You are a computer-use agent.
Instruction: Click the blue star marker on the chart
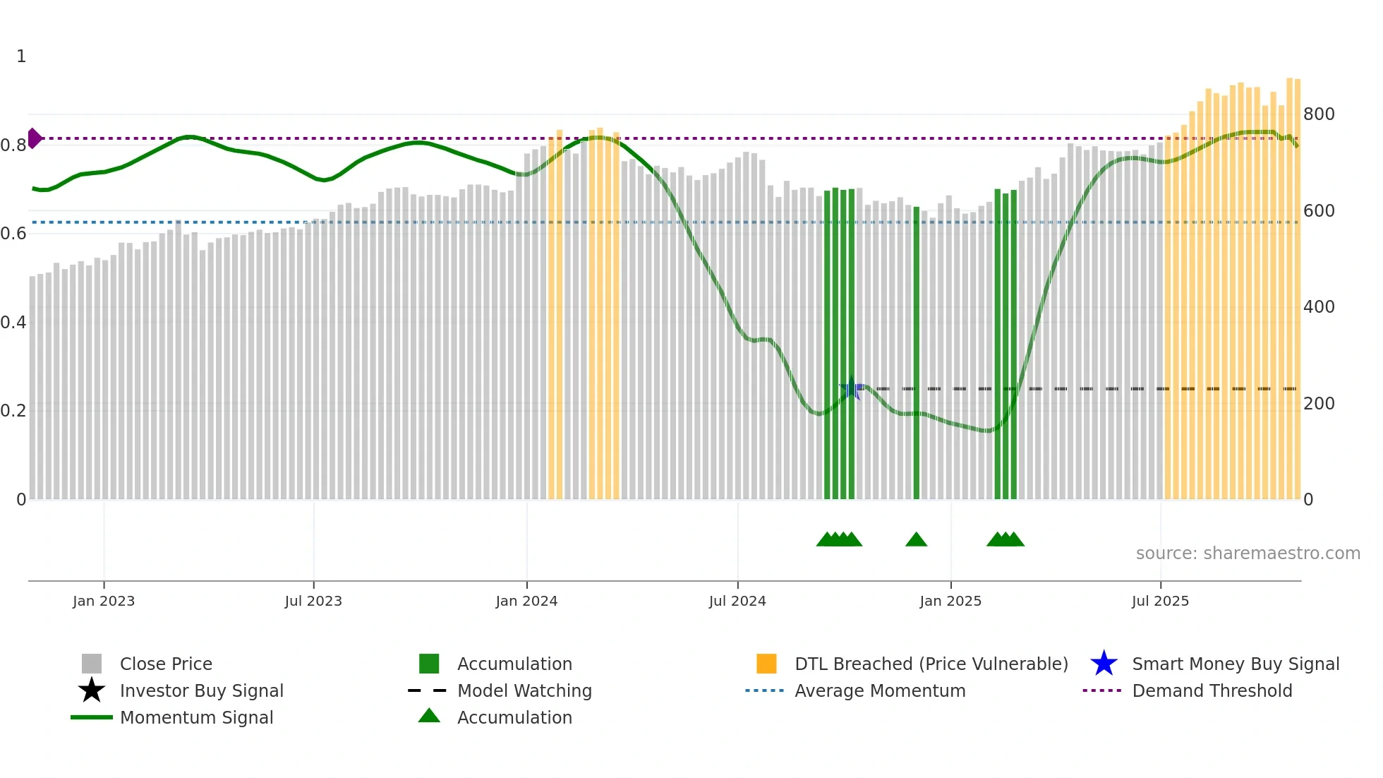tap(852, 388)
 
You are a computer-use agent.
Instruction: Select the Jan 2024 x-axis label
tap(526, 601)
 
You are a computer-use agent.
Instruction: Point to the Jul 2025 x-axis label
tap(1160, 601)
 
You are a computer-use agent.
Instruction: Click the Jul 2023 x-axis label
tap(313, 601)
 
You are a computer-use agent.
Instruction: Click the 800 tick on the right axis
tap(1319, 114)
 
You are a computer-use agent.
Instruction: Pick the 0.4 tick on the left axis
tap(13, 323)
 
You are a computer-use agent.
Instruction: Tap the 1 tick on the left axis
tap(21, 56)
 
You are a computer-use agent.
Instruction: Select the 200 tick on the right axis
tap(1319, 404)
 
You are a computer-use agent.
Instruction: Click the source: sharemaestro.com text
tap(1248, 553)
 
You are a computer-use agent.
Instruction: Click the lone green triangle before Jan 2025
tap(916, 540)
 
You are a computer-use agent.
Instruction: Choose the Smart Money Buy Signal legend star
tap(1104, 664)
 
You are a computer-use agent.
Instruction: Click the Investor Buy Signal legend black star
tap(92, 690)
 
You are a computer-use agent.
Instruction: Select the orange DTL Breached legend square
tap(766, 664)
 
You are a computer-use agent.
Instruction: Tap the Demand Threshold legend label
tap(1212, 690)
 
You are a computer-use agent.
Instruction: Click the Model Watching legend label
tap(524, 690)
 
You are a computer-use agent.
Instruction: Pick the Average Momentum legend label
tap(880, 690)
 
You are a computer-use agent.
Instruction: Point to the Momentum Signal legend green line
tap(92, 717)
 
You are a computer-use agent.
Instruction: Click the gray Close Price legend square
tap(92, 664)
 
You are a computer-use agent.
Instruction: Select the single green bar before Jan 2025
tap(917, 353)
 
